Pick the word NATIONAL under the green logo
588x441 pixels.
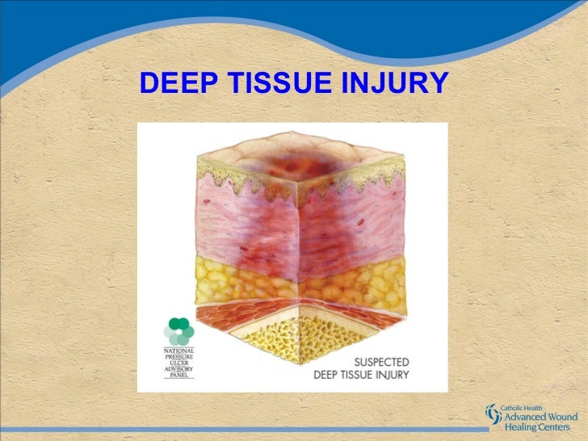(x=178, y=351)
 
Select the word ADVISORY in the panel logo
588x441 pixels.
(x=178, y=370)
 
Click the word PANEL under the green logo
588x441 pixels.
(x=178, y=376)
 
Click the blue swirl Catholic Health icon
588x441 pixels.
(x=493, y=414)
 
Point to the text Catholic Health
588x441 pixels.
(x=526, y=408)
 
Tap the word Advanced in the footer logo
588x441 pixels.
(x=526, y=417)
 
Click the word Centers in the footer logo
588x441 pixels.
(x=558, y=427)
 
